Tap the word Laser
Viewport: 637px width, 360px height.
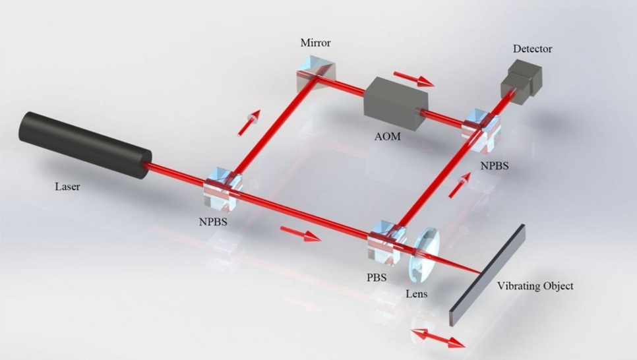coord(67,187)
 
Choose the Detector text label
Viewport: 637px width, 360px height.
coord(532,49)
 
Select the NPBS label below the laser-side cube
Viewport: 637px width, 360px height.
coord(212,222)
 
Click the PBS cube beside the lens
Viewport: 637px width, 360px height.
coord(384,240)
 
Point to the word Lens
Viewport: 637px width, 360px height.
coord(416,293)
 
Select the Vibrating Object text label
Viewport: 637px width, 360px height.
coord(535,286)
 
